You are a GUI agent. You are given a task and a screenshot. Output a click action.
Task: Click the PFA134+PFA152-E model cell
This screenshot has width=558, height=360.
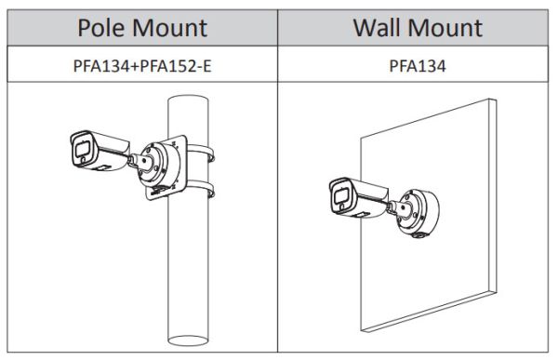click(x=139, y=66)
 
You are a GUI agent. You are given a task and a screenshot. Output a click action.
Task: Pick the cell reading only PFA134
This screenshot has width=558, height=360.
click(x=417, y=66)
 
